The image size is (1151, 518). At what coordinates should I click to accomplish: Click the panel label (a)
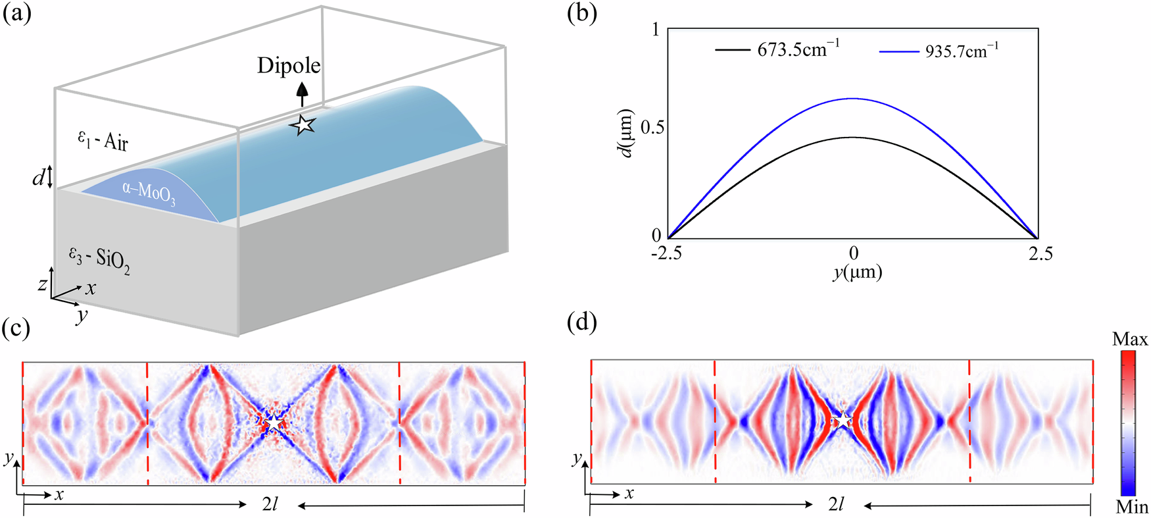click(17, 13)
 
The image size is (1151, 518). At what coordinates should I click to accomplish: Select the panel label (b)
click(582, 13)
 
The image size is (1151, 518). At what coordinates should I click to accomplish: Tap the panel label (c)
click(17, 327)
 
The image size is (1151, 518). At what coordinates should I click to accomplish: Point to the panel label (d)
click(582, 323)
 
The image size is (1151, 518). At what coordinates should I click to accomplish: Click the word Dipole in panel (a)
click(289, 66)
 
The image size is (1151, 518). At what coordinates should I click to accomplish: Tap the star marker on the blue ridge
click(303, 124)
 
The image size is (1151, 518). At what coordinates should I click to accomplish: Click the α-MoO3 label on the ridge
click(149, 194)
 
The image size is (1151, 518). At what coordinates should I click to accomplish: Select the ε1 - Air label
click(102, 140)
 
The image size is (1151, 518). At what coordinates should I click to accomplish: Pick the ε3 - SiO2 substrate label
click(99, 260)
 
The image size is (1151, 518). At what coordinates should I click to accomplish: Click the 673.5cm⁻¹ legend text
click(798, 49)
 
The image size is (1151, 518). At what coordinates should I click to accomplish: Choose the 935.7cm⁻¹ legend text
click(962, 51)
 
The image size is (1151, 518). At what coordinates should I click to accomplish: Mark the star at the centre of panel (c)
click(274, 422)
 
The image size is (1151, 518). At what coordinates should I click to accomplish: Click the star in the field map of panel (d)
click(843, 419)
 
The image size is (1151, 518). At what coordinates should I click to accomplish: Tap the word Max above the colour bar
click(1129, 340)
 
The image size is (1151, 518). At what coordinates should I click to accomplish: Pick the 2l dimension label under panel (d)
click(836, 505)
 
